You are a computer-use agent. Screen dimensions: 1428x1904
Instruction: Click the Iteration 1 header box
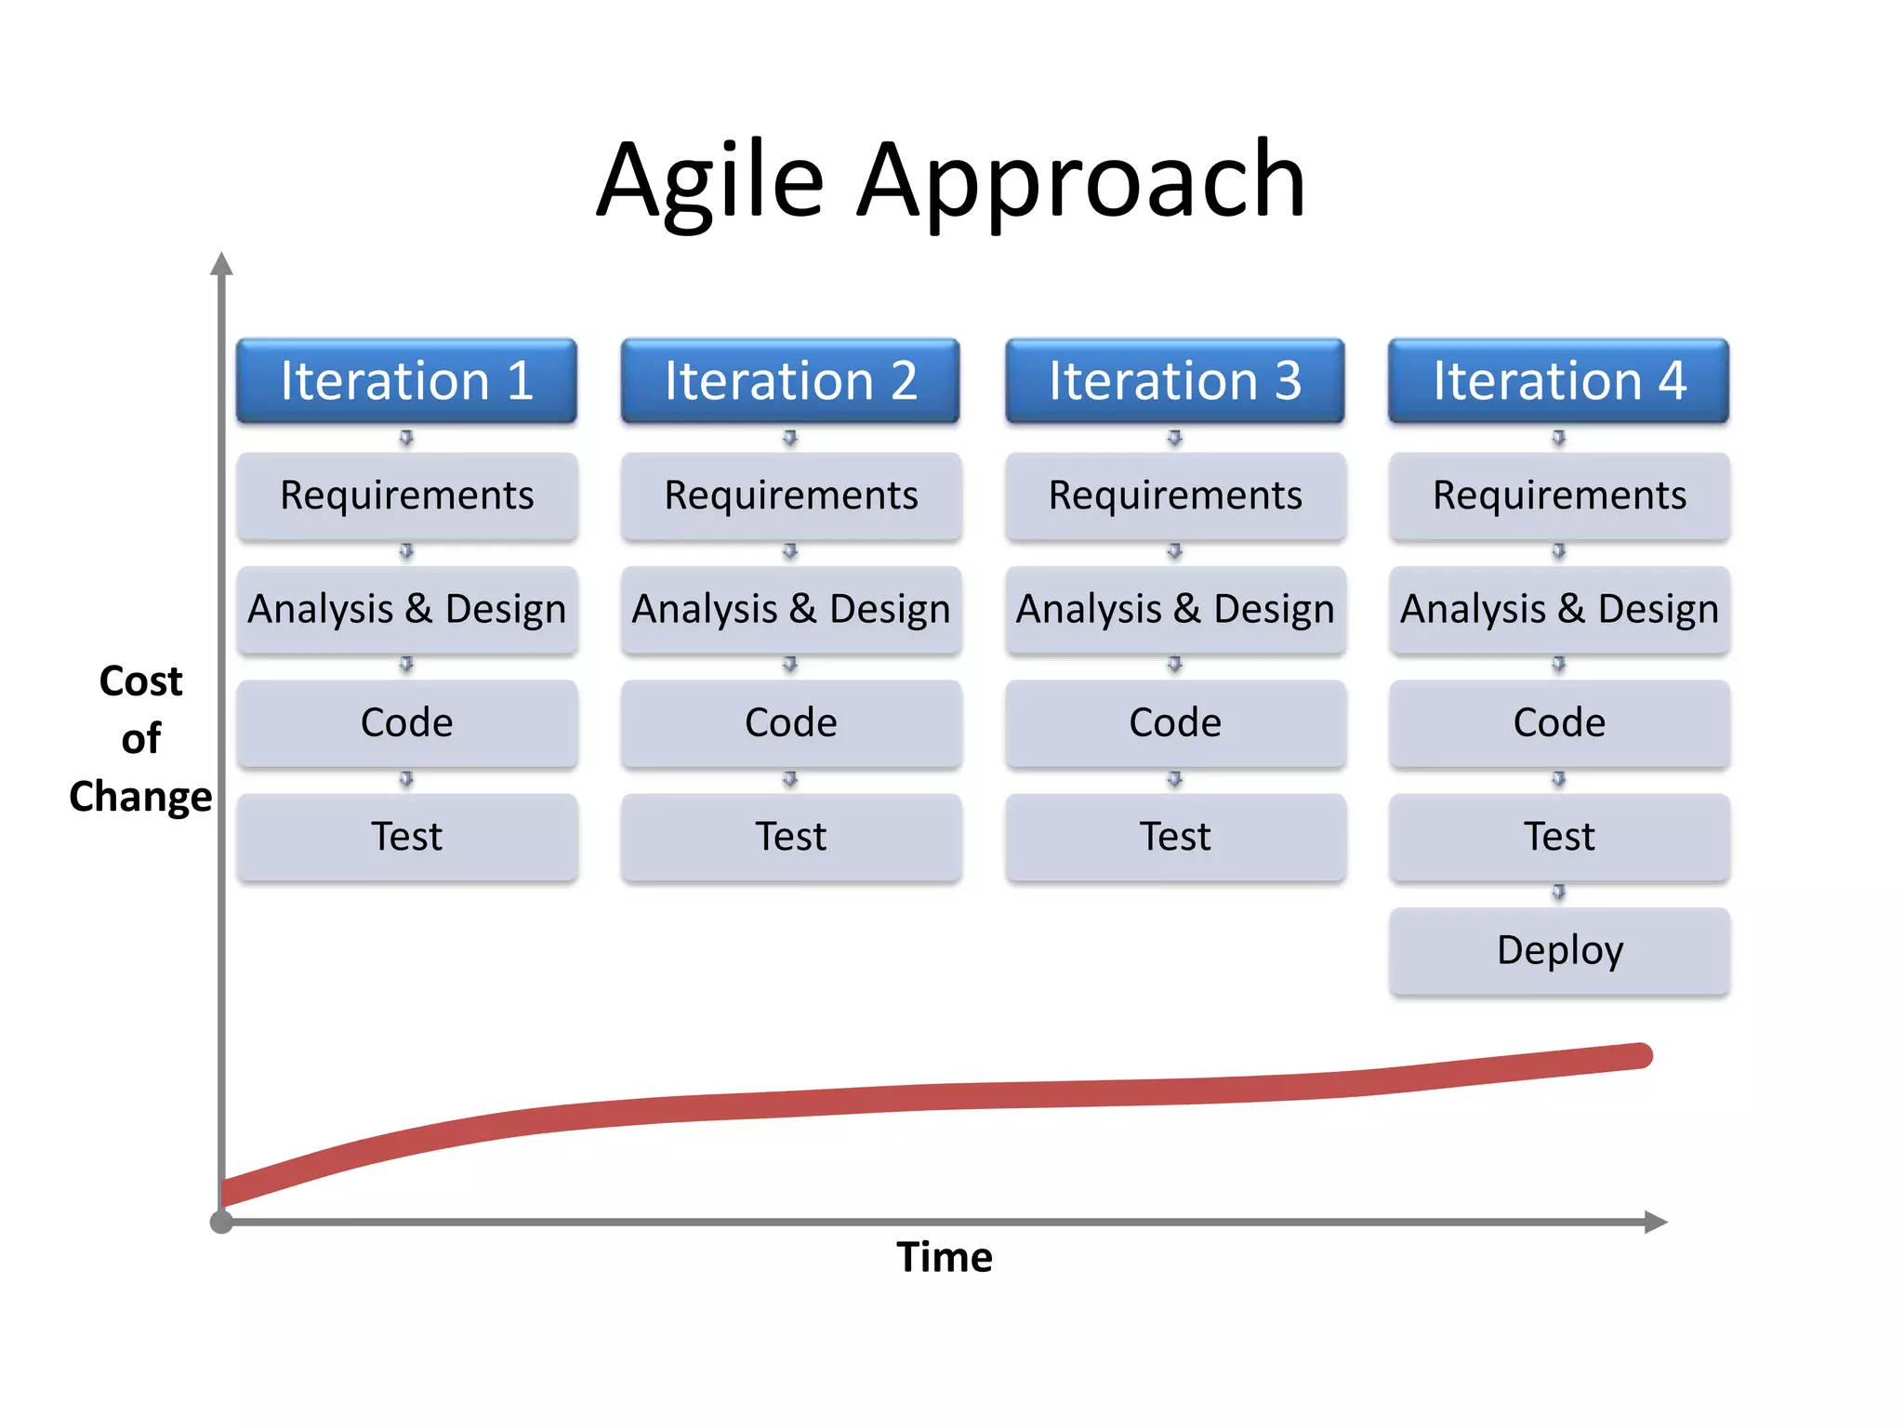406,381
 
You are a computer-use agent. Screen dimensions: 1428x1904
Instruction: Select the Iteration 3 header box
1175,381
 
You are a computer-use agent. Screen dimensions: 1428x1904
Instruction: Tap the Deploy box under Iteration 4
1559,951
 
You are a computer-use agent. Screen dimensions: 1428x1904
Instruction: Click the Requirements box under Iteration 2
790,496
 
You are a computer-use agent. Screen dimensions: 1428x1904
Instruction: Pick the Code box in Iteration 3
1175,723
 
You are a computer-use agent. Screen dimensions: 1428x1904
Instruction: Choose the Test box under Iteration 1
406,837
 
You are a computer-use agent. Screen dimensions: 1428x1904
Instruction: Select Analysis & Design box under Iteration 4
1559,610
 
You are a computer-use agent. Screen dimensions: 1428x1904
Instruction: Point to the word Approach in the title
1080,181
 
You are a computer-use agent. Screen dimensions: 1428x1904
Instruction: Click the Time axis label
945,1257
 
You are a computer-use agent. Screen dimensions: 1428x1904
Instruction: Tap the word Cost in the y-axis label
140,681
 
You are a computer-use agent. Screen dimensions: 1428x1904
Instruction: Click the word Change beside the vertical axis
140,797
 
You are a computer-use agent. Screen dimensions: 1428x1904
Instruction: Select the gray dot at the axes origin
221,1222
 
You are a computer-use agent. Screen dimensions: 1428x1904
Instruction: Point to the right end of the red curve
1640,1056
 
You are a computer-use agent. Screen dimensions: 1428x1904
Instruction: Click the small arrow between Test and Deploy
1559,892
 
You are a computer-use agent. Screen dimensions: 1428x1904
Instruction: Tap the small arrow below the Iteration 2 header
790,437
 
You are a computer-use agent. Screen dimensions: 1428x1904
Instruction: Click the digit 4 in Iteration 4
1672,381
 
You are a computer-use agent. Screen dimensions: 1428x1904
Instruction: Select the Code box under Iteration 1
406,723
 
